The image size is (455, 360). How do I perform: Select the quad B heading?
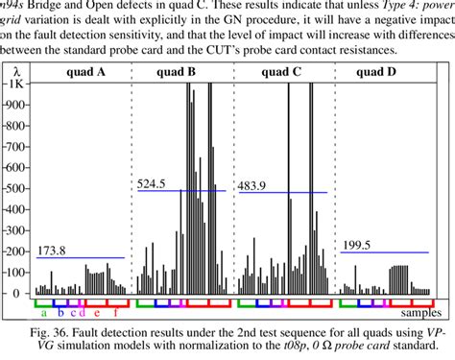pos(178,70)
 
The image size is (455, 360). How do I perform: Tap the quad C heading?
pos(283,70)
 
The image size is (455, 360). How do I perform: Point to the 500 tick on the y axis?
pos(14,189)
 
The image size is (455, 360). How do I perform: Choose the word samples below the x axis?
pos(419,312)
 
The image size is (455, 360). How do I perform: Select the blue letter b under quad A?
pos(60,313)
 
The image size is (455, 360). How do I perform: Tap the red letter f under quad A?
pos(115,313)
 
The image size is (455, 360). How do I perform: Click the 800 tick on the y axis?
pos(14,126)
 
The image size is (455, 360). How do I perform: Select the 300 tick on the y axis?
pos(14,230)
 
